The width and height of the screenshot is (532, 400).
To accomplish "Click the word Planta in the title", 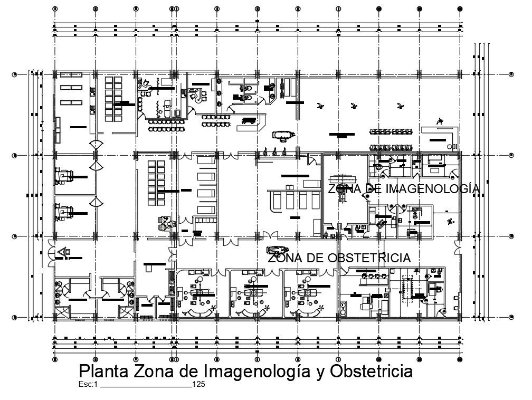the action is pos(103,371).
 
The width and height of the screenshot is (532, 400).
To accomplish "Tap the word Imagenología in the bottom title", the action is pos(251,371).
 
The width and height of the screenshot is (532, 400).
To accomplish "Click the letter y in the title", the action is pos(320,372).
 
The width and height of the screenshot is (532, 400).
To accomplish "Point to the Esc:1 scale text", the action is pos(88,384).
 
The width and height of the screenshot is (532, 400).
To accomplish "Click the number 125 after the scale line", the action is pos(198,384).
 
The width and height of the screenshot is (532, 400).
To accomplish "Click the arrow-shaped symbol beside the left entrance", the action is pos(63,252).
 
